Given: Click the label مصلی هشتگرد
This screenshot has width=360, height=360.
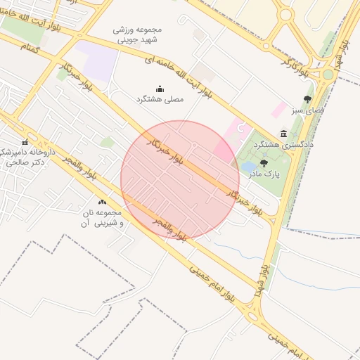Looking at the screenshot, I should [x=160, y=100].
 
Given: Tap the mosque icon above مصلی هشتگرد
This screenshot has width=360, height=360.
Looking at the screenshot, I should [x=160, y=89].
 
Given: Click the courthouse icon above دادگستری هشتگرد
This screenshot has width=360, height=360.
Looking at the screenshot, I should [x=283, y=133].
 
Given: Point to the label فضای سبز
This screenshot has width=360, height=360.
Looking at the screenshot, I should [x=307, y=110].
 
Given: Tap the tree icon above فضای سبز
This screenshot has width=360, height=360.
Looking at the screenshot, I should [x=307, y=99].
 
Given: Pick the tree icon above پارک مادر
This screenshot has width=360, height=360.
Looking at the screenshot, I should [x=264, y=163].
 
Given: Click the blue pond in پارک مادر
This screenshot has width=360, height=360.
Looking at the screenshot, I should [x=249, y=167].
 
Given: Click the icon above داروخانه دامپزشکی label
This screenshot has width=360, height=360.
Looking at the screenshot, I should [x=26, y=143].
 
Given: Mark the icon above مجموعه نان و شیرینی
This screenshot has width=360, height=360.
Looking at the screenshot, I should [x=103, y=202].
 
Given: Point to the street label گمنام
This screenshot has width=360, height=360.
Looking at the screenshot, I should [x=29, y=46].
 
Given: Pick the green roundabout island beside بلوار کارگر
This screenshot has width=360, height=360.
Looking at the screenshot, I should [x=328, y=74].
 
